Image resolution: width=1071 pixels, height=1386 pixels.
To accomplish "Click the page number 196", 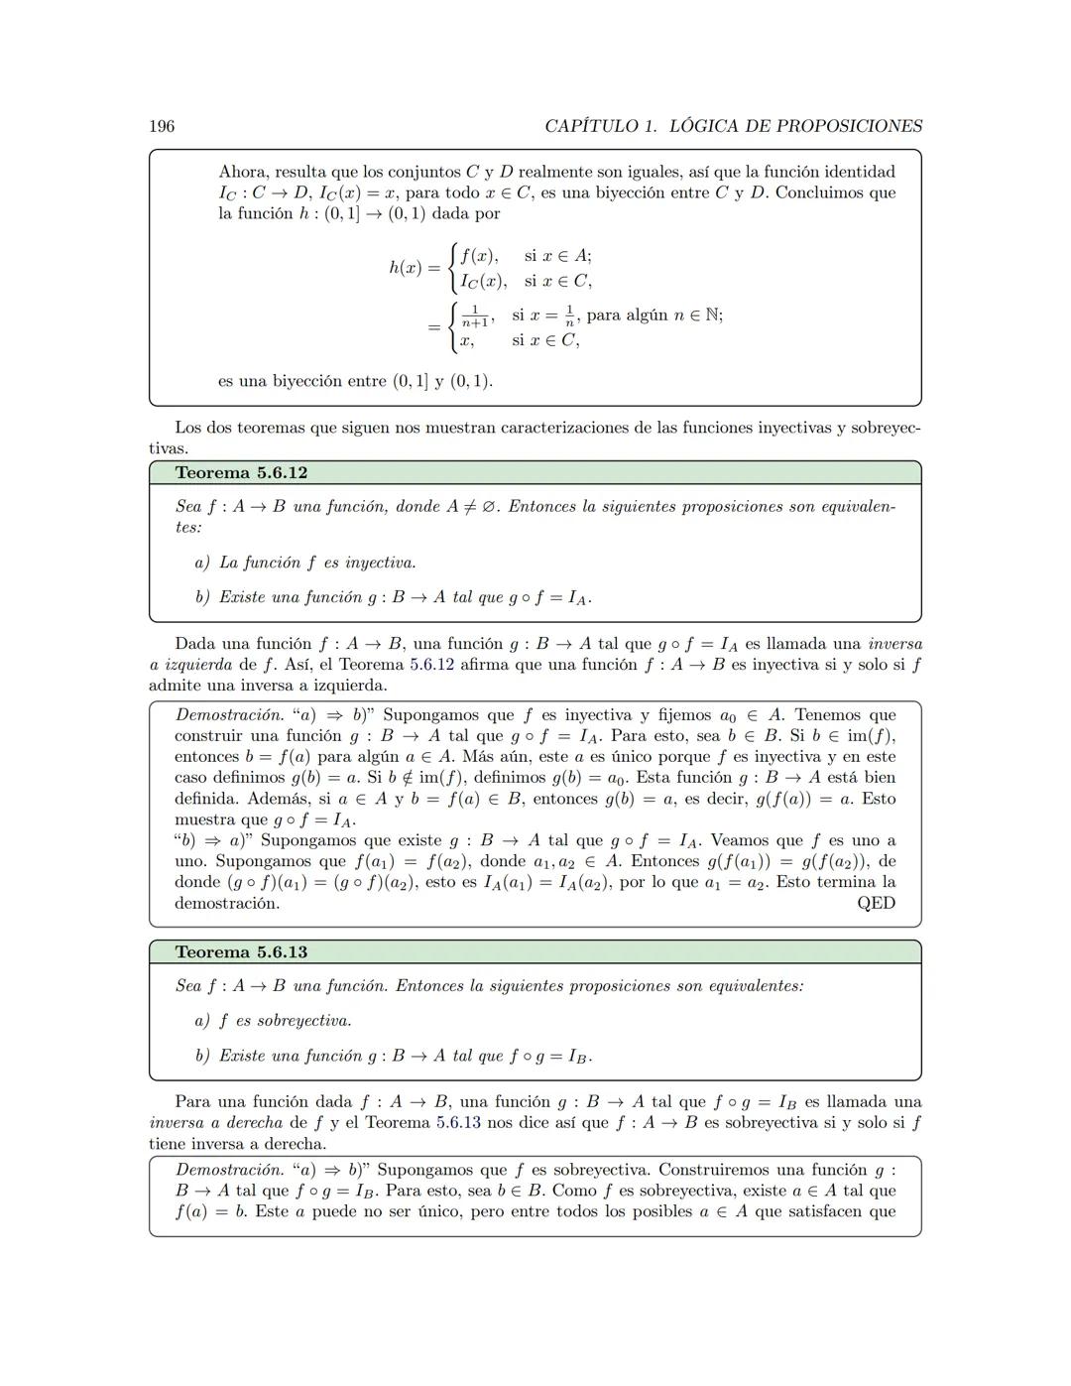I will pos(162,126).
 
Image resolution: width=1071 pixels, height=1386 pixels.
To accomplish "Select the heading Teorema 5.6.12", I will pos(241,472).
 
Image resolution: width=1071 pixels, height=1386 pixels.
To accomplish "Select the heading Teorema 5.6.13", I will pos(241,951).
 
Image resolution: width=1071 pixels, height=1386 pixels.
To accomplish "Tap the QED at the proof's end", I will pos(876,903).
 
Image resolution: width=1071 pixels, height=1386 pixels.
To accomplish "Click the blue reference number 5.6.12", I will pos(431,664).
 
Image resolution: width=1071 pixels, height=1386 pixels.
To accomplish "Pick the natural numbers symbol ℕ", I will pos(707,315).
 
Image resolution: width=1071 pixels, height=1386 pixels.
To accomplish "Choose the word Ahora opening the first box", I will pos(243,172).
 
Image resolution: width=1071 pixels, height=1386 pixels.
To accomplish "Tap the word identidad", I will pos(860,172).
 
